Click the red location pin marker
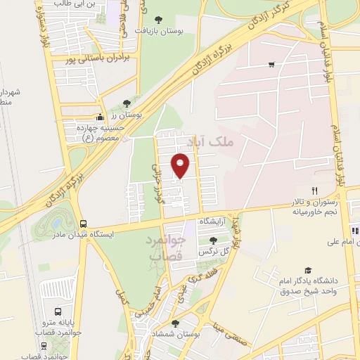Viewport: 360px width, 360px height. (181, 166)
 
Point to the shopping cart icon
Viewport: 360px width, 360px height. (271, 65)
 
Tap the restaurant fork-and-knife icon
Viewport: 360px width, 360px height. (315, 191)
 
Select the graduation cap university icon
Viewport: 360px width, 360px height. (307, 270)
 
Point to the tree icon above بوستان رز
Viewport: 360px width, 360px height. (126, 103)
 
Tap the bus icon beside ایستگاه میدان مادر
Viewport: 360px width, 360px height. (84, 224)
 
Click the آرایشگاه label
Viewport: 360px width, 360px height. (214, 221)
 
